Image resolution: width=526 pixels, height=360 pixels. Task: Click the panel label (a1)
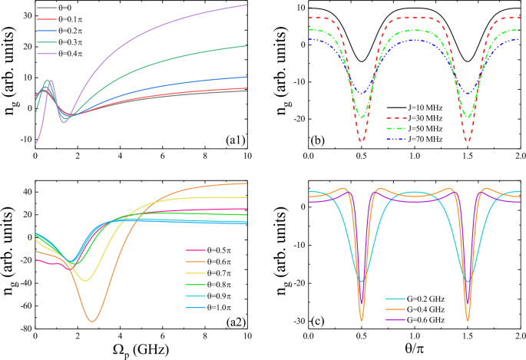(x=233, y=140)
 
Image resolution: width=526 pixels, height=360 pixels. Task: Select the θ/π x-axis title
(x=415, y=351)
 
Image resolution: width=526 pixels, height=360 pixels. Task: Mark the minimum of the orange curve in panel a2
(x=93, y=320)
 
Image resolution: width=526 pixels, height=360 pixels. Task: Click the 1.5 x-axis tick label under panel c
(x=468, y=336)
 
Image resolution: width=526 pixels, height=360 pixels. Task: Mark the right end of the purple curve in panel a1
(x=246, y=5)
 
